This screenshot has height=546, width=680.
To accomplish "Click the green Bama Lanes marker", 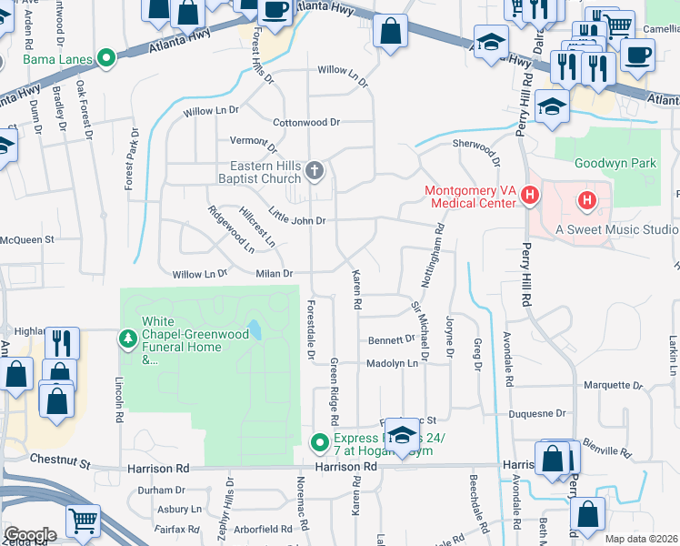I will coord(106,60).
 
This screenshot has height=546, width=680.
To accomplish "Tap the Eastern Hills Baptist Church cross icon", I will coord(315,170).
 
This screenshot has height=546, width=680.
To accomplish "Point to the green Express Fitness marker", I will coord(319,443).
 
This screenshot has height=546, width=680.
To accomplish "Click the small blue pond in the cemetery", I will coord(254,329).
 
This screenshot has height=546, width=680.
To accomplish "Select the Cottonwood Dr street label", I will coord(306,122).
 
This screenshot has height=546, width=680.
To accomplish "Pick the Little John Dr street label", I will coord(296,220).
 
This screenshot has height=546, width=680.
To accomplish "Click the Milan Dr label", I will coord(274,273).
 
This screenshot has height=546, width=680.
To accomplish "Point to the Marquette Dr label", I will coord(613,385).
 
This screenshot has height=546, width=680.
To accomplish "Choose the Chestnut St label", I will coord(60,464).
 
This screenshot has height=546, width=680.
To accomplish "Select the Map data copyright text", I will coord(641,539).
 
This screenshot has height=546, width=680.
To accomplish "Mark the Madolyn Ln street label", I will coord(392,363).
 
